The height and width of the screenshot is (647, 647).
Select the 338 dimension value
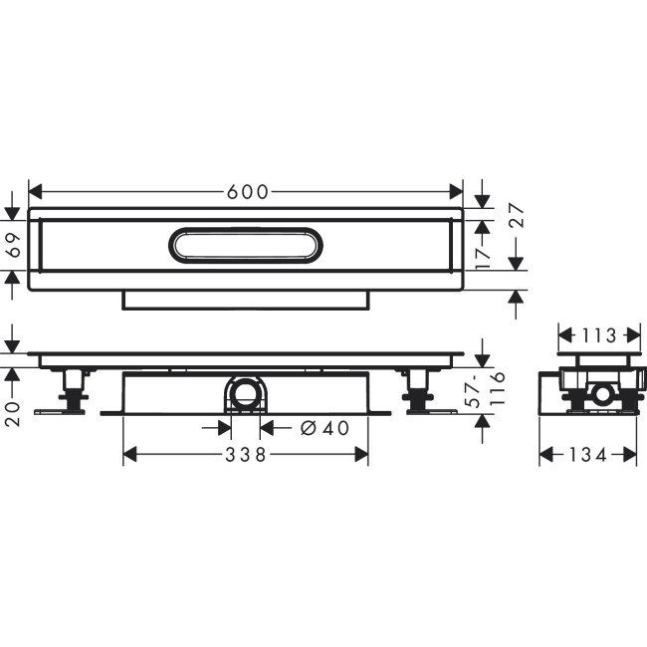245,455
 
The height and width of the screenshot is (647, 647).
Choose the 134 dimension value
588,455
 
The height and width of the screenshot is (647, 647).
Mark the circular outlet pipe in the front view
246,395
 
